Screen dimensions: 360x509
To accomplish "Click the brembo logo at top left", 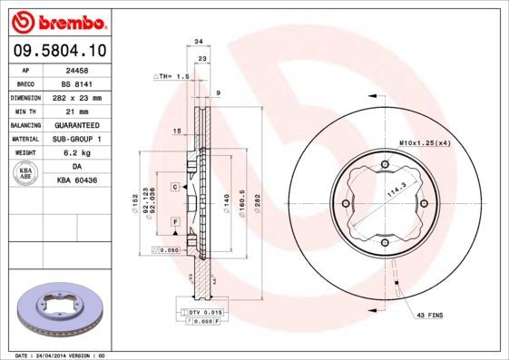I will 59,20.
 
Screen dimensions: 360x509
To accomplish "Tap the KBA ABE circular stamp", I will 26,173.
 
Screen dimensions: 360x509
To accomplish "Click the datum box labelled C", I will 173,186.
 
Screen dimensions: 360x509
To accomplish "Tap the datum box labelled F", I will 173,222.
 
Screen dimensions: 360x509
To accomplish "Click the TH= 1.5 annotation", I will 171,77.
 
